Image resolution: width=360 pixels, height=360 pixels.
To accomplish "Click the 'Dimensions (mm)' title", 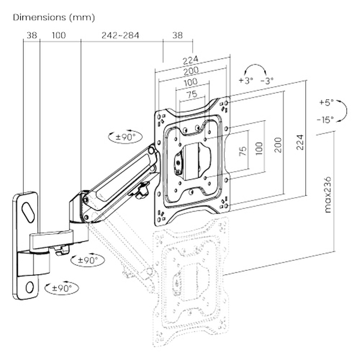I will (x=54, y=17).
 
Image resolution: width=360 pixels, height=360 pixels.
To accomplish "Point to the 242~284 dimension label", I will (x=120, y=35).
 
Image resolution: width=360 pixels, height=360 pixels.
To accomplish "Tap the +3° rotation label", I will (x=245, y=80).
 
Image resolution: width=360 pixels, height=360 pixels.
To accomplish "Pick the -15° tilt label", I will (x=326, y=119).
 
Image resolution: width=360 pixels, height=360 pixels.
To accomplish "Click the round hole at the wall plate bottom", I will (x=29, y=287).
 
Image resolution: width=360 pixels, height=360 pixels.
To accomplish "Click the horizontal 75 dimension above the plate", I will (x=192, y=95).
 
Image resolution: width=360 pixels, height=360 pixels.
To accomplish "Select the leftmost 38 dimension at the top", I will (x=31, y=35).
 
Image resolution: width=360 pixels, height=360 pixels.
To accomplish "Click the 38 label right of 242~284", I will (x=177, y=35).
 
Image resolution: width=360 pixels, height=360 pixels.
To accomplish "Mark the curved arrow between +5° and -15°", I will (x=343, y=110).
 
